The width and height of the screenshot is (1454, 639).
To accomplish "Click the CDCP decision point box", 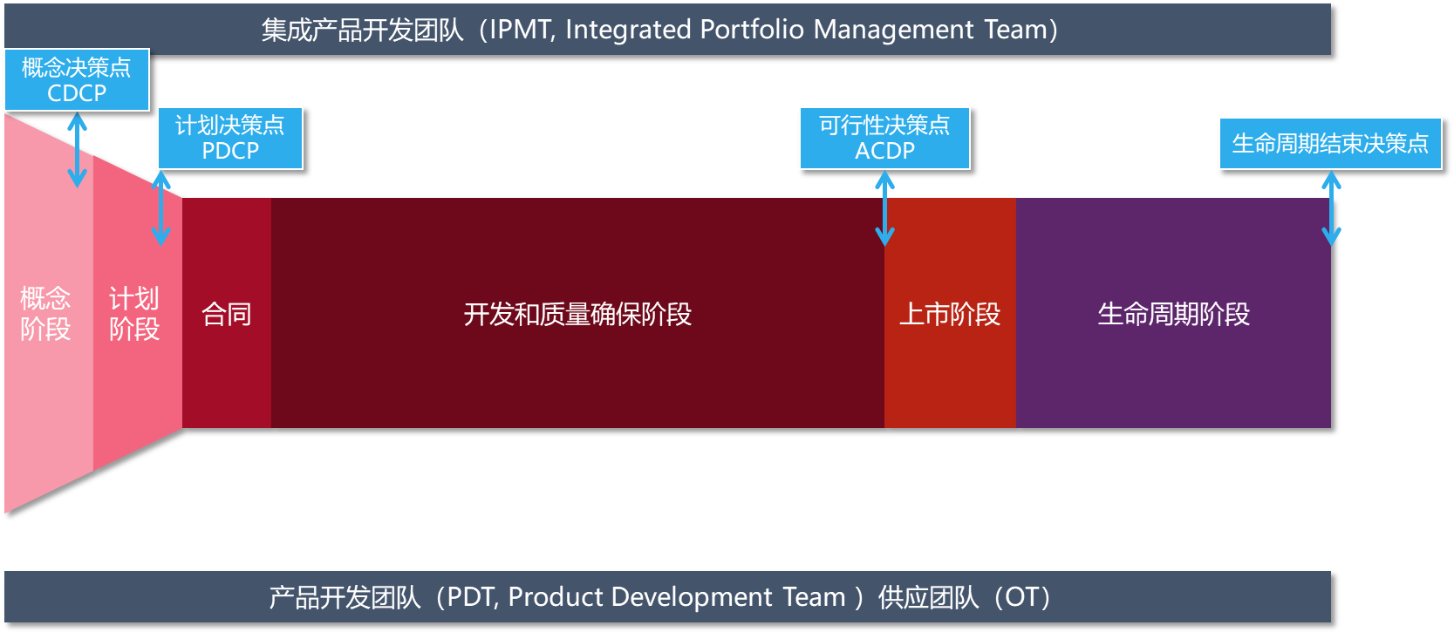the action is point(77,80).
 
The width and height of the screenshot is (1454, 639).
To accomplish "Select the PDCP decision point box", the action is point(230,139).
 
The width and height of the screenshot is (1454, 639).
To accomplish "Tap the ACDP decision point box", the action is point(884,139).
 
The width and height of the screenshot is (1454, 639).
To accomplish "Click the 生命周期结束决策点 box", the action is point(1330,143).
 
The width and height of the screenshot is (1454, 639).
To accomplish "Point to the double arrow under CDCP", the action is point(78,150).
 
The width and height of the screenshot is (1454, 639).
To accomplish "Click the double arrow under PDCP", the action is point(161,208).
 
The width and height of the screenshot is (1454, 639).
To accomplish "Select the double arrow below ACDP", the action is point(884,208).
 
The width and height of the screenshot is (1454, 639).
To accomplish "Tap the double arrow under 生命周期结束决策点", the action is point(1331,208).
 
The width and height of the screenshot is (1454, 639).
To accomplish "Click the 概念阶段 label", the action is point(44,314).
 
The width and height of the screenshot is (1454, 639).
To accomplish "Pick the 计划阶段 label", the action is point(133,314).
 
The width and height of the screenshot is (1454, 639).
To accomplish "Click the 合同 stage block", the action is point(227,313).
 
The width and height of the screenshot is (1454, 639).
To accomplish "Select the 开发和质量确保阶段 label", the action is point(577,314).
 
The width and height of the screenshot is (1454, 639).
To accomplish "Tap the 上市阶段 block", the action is point(950,313).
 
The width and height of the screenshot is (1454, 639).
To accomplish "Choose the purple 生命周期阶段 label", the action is point(1174,314).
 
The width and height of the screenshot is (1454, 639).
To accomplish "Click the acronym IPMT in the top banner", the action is point(522,30).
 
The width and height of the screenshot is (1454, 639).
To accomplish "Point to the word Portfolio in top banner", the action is point(752,29).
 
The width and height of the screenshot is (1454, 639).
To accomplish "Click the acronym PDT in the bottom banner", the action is point(472,597).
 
